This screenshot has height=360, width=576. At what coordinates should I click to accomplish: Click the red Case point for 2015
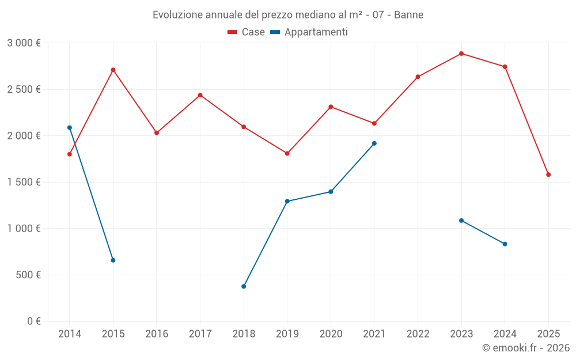coord(113,70)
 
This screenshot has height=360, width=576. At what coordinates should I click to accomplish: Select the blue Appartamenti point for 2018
coord(244,286)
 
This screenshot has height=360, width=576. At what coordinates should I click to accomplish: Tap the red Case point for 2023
coord(461,54)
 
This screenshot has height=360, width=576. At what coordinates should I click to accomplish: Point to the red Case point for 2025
coord(548,175)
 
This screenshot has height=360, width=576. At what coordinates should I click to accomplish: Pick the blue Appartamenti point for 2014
coord(70,128)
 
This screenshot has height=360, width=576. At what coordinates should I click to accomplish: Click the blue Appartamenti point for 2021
coord(374,143)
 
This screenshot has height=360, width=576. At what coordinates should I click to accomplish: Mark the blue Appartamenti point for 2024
coord(505,244)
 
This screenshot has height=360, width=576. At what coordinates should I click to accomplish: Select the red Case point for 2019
coord(287,153)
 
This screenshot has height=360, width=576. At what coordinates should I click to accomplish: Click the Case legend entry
coord(247,32)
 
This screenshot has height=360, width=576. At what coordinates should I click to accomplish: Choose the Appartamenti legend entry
coord(309,32)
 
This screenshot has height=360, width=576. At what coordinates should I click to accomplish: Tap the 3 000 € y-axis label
coord(24,43)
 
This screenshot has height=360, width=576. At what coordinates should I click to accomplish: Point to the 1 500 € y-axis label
coord(24,182)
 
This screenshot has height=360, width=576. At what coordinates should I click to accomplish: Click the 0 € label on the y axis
coord(33,321)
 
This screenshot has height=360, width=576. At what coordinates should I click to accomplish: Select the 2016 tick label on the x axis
coord(157,334)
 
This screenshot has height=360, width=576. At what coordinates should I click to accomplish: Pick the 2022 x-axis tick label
coord(418,334)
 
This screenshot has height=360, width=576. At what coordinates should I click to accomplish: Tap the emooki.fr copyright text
coord(525,348)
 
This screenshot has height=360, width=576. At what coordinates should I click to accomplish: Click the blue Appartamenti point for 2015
coord(113,260)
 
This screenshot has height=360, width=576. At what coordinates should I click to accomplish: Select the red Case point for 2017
coord(200,95)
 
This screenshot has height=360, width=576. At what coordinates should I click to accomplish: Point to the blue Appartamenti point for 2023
coord(461,221)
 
